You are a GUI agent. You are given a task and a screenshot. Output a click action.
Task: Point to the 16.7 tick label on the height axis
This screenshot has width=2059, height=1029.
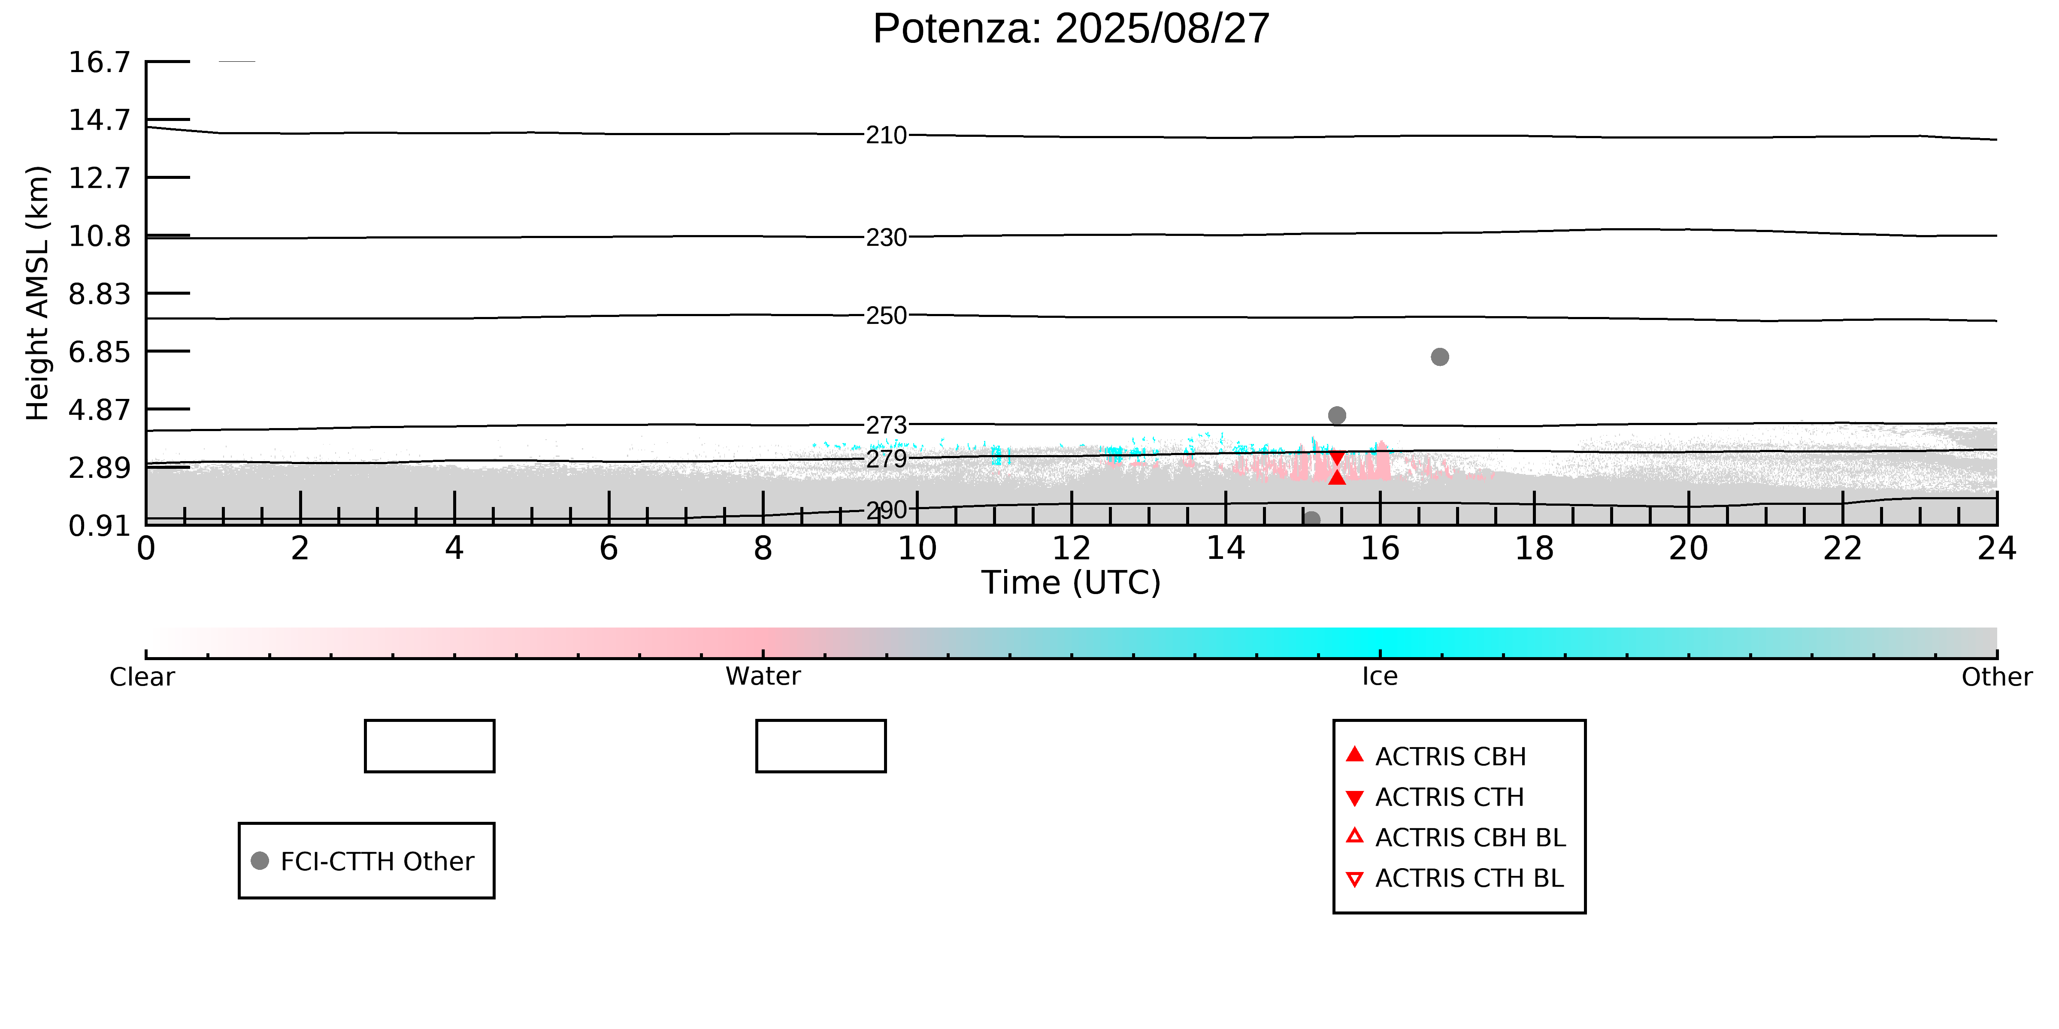(99, 62)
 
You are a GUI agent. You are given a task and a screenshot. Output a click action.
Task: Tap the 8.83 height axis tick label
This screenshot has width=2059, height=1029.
(99, 294)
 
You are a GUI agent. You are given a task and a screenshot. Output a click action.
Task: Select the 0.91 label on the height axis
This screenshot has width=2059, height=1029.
(99, 526)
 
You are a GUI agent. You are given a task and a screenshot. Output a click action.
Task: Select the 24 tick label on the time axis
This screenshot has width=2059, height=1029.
(1997, 549)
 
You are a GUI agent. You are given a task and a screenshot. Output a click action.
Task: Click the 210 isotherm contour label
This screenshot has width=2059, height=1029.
(887, 135)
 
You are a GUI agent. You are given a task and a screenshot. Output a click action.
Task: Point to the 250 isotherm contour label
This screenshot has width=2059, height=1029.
(887, 316)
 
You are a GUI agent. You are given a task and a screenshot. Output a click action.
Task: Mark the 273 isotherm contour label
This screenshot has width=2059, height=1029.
(887, 425)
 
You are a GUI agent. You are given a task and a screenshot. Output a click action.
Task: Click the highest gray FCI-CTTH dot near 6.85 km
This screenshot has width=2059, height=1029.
(1440, 357)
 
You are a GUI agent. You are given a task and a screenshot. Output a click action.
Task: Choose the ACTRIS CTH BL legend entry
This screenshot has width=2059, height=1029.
(1469, 878)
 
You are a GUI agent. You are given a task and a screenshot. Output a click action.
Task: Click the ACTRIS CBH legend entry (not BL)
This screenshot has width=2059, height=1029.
(1450, 757)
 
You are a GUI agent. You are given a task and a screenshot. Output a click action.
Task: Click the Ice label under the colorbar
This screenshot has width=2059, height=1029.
(1380, 677)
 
